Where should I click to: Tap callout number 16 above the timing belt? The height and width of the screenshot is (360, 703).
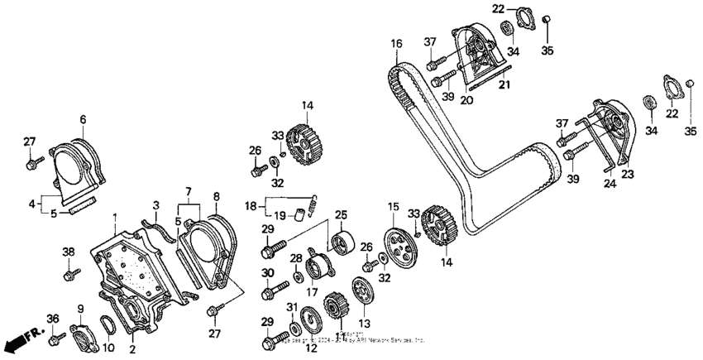coord(396,43)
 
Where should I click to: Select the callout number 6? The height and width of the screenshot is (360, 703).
coord(82,119)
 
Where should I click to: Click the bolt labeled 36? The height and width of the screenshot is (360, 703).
coord(59,338)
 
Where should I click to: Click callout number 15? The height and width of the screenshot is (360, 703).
coord(393,205)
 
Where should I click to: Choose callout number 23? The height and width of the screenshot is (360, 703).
coord(628,174)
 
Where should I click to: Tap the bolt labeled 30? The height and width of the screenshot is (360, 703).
coord(271,294)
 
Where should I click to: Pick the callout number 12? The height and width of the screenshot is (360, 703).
coord(310,348)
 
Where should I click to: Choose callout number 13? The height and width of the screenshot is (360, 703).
coord(363,323)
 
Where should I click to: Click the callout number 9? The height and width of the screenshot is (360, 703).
coord(80,309)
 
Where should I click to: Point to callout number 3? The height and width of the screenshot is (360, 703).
coord(154,204)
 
